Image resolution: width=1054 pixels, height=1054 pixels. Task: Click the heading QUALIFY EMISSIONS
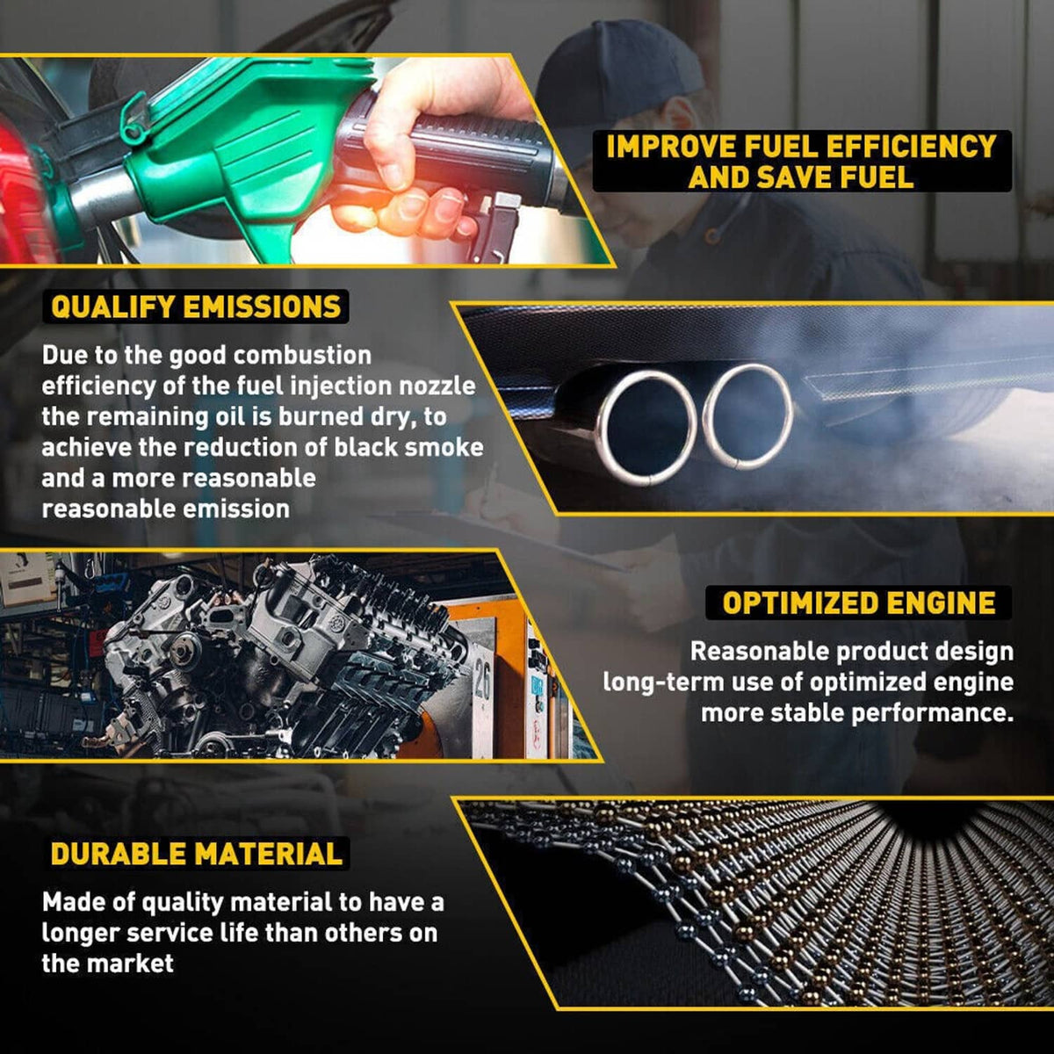pos(196,307)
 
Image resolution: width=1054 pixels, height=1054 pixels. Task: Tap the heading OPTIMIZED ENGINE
pos(858,603)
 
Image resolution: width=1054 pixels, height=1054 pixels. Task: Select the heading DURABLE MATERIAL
pos(197,853)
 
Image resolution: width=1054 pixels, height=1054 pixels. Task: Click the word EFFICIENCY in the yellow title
pos(910,147)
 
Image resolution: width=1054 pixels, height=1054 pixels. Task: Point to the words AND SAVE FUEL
pos(801,177)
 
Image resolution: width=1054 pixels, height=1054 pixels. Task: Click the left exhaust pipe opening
pos(647,428)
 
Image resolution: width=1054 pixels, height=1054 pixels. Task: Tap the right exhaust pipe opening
pos(747,415)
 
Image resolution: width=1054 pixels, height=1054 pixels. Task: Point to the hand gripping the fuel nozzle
pos(432,148)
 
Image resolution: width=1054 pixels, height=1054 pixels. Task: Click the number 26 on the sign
pos(482,683)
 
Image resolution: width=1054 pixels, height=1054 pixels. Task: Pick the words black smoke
pos(408,447)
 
